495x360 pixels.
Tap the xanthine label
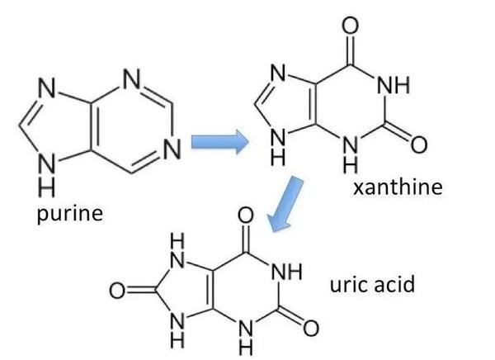tap(397, 188)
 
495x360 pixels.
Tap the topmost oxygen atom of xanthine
tap(350, 25)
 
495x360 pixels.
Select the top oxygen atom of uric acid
tap(243, 216)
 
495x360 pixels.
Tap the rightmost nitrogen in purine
tap(172, 149)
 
